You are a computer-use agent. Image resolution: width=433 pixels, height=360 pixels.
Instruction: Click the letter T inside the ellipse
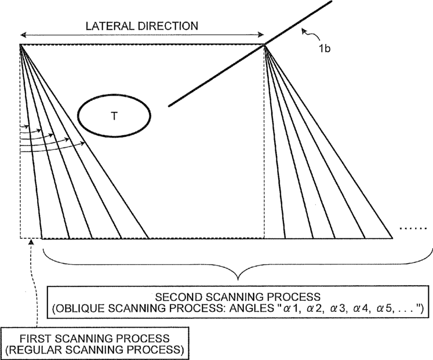pyautogui.click(x=114, y=116)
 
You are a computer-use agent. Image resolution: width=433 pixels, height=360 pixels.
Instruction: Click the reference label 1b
pyautogui.click(x=324, y=50)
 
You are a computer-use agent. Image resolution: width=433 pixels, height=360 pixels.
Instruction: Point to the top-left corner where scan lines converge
pyautogui.click(x=20, y=45)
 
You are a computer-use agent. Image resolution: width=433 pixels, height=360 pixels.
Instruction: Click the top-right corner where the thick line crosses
pyautogui.click(x=265, y=45)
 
